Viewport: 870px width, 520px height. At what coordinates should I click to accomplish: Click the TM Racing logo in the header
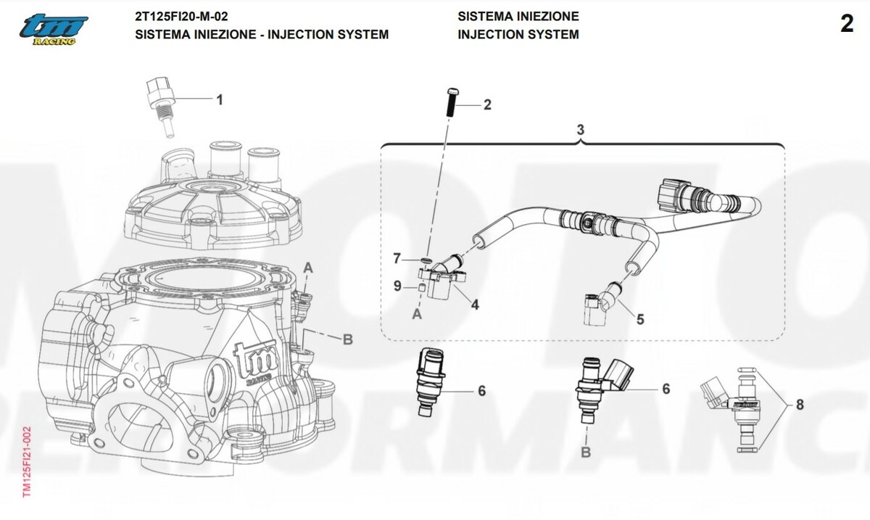pos(54,30)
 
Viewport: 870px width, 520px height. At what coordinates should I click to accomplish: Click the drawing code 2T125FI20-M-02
pos(181,17)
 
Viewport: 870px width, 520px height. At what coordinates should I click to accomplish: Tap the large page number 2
pos(847,24)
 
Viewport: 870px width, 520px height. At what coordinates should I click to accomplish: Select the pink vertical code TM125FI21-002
pos(27,462)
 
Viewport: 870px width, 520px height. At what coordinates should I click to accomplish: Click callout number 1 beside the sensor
pos(220,100)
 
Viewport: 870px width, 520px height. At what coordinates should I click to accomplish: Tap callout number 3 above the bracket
pos(580,129)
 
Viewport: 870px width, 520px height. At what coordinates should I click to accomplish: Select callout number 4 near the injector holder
pos(475,305)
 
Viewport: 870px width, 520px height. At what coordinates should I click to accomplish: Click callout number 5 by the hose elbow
pos(640,319)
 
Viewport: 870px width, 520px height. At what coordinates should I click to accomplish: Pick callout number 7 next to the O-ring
pos(397,258)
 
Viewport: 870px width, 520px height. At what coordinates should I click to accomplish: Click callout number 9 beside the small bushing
pos(397,286)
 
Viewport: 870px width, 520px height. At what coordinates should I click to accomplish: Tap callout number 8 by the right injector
pos(800,405)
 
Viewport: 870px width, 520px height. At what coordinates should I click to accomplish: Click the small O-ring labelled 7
pos(426,259)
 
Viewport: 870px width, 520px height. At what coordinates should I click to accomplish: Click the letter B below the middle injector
pos(586,452)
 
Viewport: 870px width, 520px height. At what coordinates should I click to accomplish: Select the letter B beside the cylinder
pos(347,339)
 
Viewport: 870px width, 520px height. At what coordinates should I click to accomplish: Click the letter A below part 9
pos(417,314)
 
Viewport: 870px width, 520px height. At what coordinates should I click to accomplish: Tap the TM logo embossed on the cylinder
pos(257,361)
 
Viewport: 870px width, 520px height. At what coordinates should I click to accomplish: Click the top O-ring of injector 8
pos(747,369)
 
